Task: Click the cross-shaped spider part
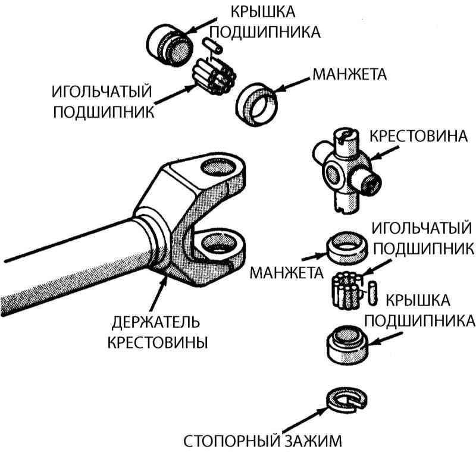342,166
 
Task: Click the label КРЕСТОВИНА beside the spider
416,136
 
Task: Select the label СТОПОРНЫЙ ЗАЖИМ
262,442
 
